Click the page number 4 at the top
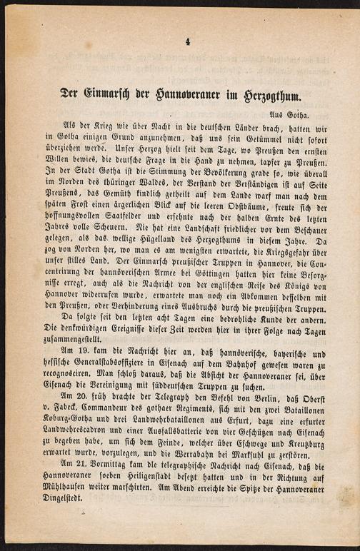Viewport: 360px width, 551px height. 187,42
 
